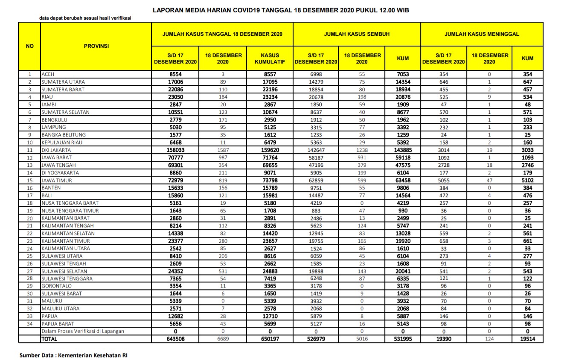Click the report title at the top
(281, 9)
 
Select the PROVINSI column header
(96, 46)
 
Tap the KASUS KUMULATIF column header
(270, 58)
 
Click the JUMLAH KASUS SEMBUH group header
(357, 34)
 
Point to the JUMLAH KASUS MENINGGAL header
(482, 34)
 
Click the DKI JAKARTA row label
(56, 150)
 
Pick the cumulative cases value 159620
(270, 150)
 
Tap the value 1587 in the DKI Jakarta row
(223, 150)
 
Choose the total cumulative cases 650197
(270, 339)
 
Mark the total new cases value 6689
(223, 339)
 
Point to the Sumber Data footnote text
(73, 355)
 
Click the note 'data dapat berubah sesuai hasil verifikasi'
(85, 18)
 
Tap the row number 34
(29, 324)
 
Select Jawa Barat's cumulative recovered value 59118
(402, 158)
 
